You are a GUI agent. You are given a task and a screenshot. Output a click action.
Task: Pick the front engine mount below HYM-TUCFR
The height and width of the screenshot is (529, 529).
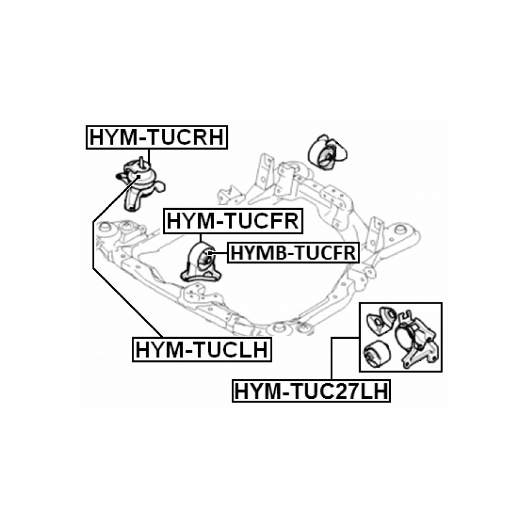tap(199, 265)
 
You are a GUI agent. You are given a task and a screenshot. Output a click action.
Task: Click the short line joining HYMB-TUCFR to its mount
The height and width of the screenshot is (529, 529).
tap(220, 253)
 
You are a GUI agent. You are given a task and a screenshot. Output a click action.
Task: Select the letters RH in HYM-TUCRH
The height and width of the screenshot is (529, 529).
tap(207, 138)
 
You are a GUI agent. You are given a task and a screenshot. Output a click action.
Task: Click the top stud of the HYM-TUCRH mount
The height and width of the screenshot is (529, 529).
tap(141, 161)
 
